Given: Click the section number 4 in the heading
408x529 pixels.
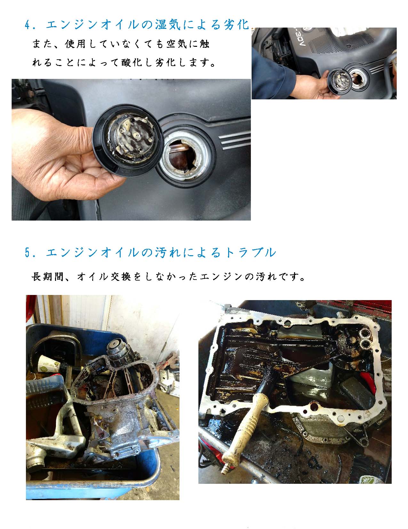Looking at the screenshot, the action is coord(27,25).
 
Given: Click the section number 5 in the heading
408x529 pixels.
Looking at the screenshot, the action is coord(27,252).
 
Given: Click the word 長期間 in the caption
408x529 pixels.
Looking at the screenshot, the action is coord(48,277).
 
